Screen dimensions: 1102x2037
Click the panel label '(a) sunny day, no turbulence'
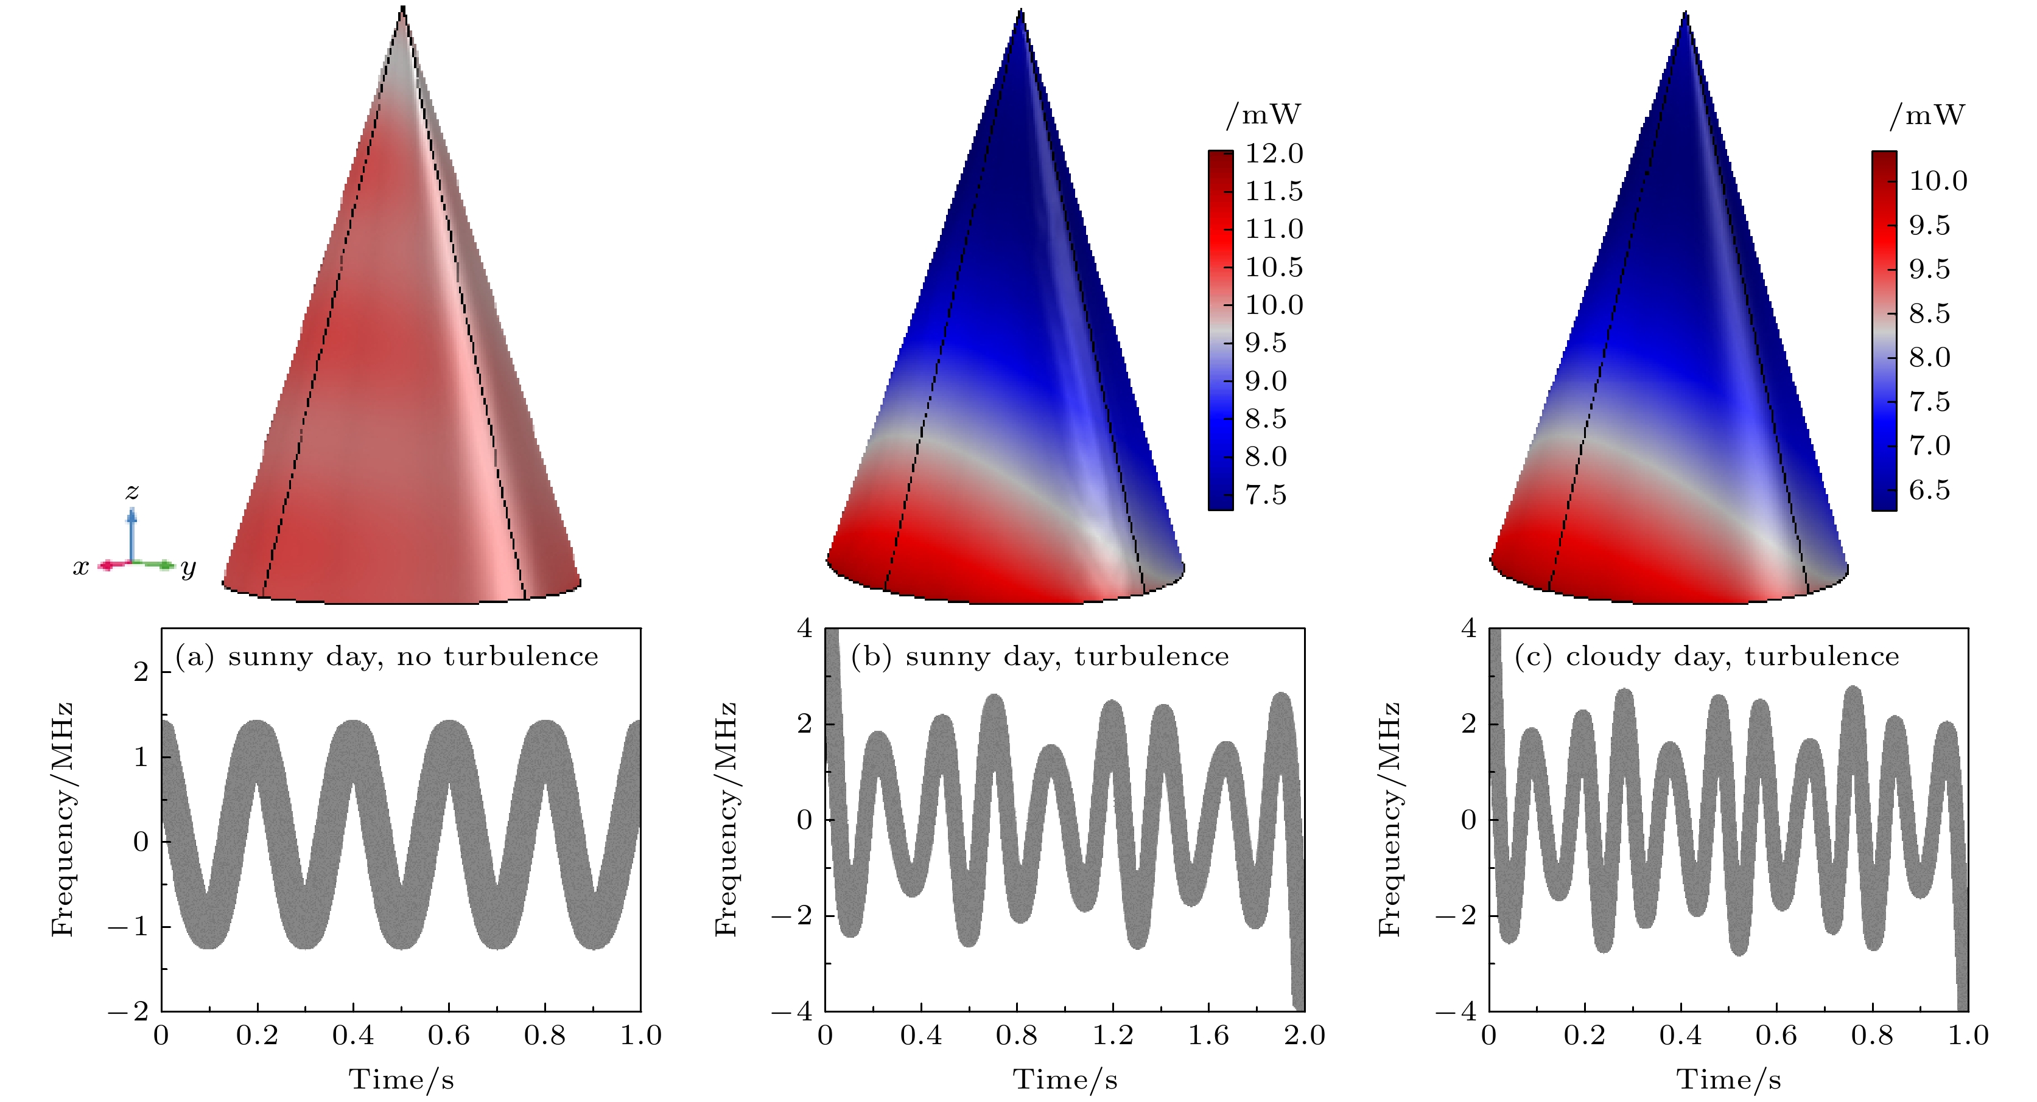386,657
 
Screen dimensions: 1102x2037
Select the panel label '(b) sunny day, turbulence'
1040,657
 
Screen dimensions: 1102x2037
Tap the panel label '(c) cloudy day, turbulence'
1706,657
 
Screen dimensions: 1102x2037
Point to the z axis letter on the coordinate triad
132,492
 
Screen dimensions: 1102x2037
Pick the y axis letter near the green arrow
188,568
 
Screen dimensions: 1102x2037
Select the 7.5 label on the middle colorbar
1265,495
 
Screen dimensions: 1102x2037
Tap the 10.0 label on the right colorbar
1938,181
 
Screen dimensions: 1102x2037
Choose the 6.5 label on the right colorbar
1929,490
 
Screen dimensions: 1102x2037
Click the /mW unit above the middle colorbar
1263,116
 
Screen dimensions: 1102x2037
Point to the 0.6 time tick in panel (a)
448,1036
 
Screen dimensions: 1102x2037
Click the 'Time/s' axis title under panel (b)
1065,1079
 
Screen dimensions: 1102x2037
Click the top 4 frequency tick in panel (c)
1468,629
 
